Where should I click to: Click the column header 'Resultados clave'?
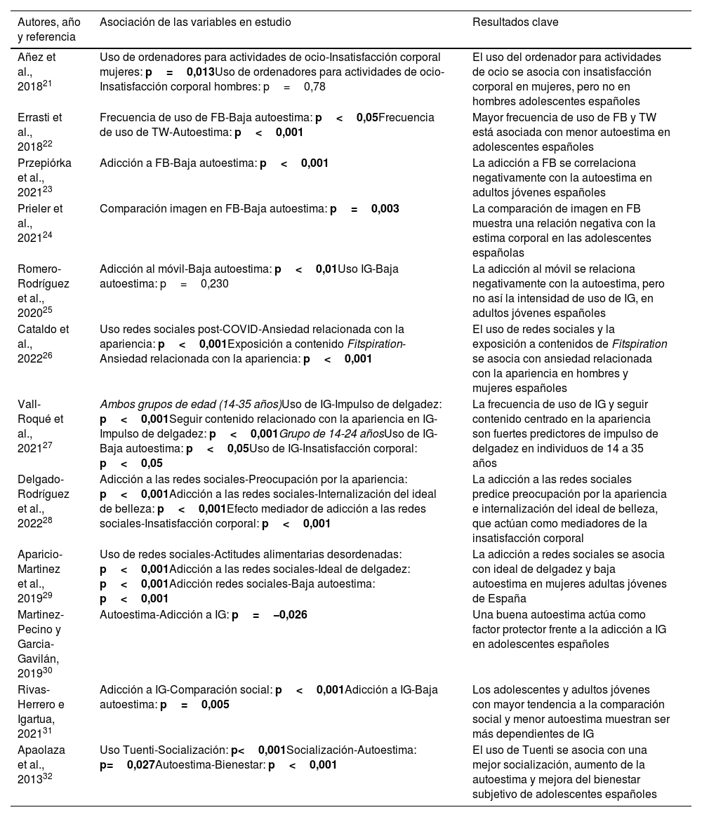[515, 22]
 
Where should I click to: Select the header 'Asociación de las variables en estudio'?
[195, 22]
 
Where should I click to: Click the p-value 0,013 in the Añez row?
[201, 72]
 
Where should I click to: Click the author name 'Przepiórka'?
[44, 163]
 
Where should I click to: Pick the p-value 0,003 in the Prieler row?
[385, 208]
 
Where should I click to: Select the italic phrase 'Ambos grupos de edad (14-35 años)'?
[190, 404]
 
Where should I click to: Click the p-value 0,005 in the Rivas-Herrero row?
[215, 705]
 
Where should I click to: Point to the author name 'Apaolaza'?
[41, 750]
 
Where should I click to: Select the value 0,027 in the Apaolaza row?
[141, 764]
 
